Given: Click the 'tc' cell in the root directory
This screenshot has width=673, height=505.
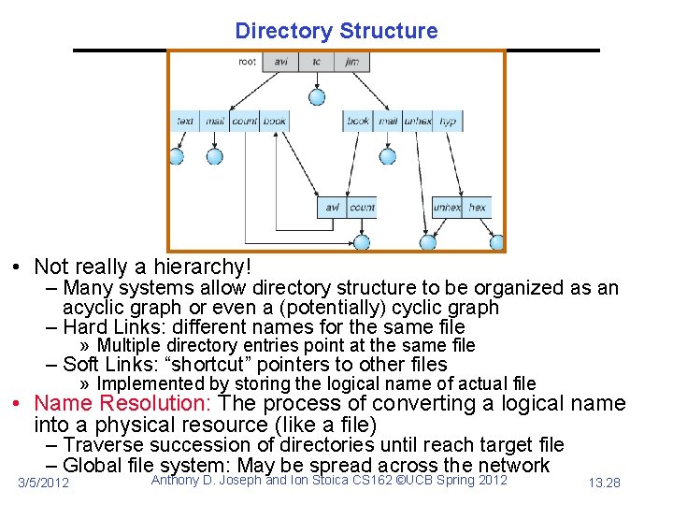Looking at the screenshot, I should click(317, 62).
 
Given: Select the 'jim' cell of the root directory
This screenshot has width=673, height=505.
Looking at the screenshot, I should click(351, 62).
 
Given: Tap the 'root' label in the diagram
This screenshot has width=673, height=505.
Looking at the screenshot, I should click(248, 62).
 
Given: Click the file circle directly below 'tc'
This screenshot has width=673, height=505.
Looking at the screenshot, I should click(317, 96).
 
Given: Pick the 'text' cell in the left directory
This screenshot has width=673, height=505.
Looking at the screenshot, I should click(185, 121).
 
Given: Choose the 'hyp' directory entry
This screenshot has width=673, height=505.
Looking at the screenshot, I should click(448, 121).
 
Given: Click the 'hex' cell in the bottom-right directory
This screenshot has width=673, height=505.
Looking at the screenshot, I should click(478, 207).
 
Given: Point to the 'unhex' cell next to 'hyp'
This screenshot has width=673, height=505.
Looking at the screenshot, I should click(418, 121).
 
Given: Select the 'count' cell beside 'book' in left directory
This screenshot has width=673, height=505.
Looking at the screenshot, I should click(245, 121).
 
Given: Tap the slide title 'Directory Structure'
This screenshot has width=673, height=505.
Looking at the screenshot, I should click(336, 31).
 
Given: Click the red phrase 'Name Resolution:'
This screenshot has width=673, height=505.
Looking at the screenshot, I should click(122, 404).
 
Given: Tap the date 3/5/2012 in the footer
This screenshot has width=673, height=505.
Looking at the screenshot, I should click(44, 483).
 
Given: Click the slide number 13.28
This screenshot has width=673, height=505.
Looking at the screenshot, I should click(605, 483).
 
